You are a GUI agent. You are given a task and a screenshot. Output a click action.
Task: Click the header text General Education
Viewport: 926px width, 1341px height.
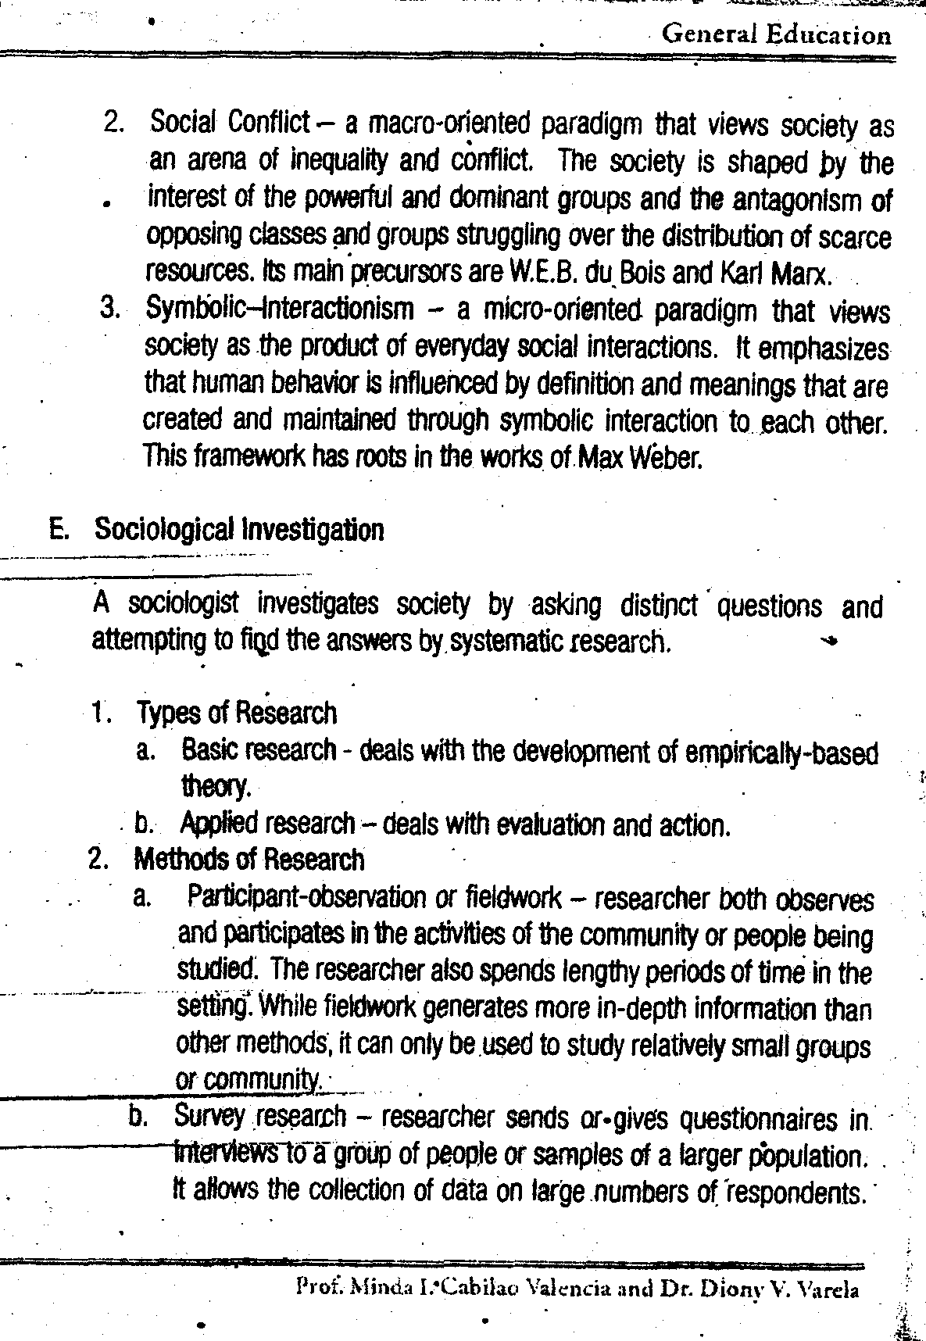pyautogui.click(x=775, y=35)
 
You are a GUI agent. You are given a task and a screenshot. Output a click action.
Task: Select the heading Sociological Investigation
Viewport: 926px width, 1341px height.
pyautogui.click(x=239, y=530)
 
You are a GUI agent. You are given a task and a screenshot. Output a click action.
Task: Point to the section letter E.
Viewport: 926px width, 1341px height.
pyautogui.click(x=57, y=530)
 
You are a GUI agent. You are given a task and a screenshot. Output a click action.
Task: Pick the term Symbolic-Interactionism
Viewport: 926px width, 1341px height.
pyautogui.click(x=281, y=309)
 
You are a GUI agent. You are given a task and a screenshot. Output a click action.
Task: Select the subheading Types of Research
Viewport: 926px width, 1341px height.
pyautogui.click(x=237, y=713)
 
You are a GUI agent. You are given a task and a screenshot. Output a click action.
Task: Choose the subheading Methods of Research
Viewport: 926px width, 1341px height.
pyautogui.click(x=249, y=860)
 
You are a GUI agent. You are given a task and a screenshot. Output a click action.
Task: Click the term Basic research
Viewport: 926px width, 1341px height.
pyautogui.click(x=259, y=751)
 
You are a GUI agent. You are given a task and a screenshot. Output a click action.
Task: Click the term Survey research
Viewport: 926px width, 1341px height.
pyautogui.click(x=260, y=1116)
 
